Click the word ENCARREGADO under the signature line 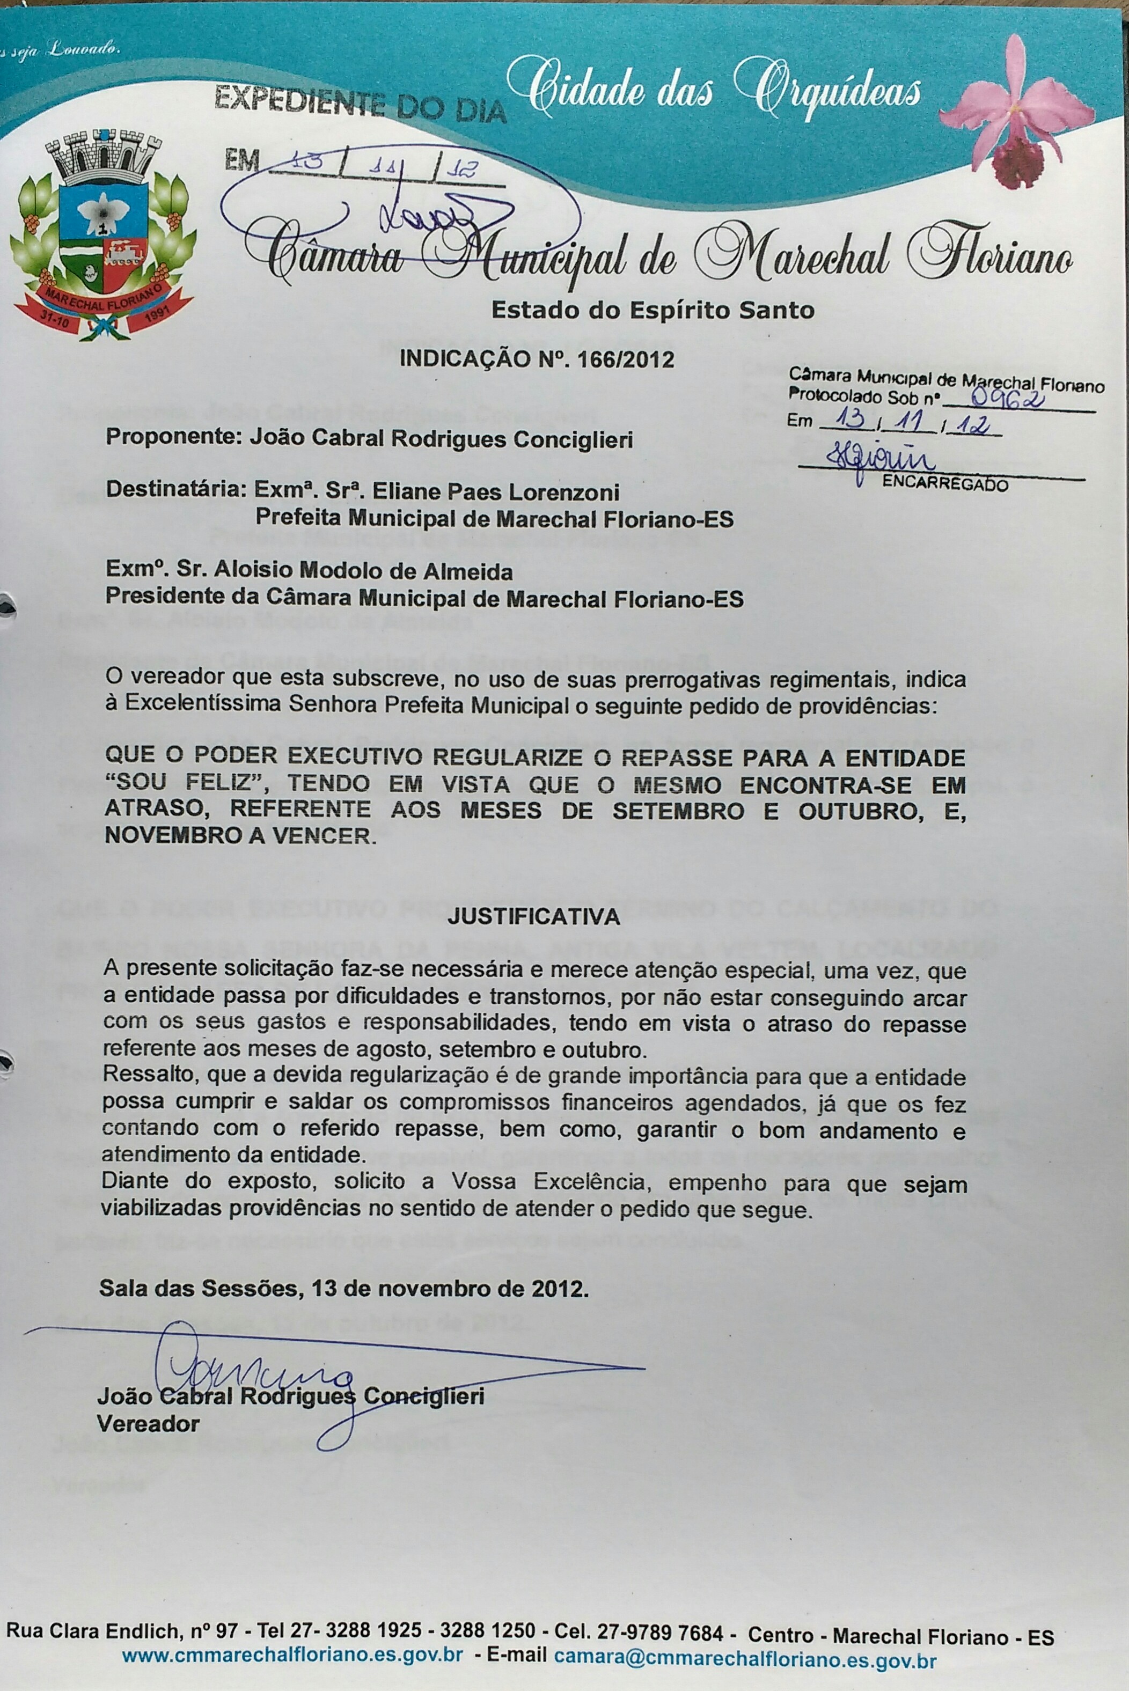944,484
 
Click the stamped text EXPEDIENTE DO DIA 360,103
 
